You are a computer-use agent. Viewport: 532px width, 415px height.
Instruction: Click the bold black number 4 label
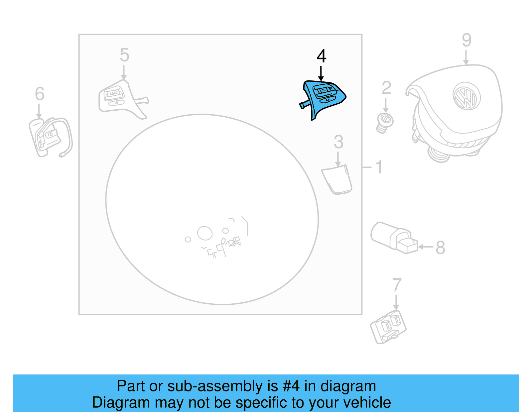point(322,56)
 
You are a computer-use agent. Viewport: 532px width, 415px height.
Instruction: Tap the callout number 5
point(124,55)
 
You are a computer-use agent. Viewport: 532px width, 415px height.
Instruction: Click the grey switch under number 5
point(122,99)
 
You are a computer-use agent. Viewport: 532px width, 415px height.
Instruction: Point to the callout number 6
point(40,94)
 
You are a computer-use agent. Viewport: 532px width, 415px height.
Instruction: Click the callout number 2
point(386,88)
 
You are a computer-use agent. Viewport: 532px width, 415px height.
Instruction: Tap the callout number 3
point(338,142)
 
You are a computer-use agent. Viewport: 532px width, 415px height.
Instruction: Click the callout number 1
point(379,167)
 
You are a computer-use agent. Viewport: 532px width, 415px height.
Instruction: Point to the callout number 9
point(466,40)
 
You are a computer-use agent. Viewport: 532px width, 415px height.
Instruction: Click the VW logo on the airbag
point(466,96)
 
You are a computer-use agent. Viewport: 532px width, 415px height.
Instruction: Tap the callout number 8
point(440,248)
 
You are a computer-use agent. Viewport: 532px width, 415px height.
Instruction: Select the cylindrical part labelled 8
point(394,238)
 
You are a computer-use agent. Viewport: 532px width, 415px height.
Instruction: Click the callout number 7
point(397,285)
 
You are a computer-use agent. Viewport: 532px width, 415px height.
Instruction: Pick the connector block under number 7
point(388,327)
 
